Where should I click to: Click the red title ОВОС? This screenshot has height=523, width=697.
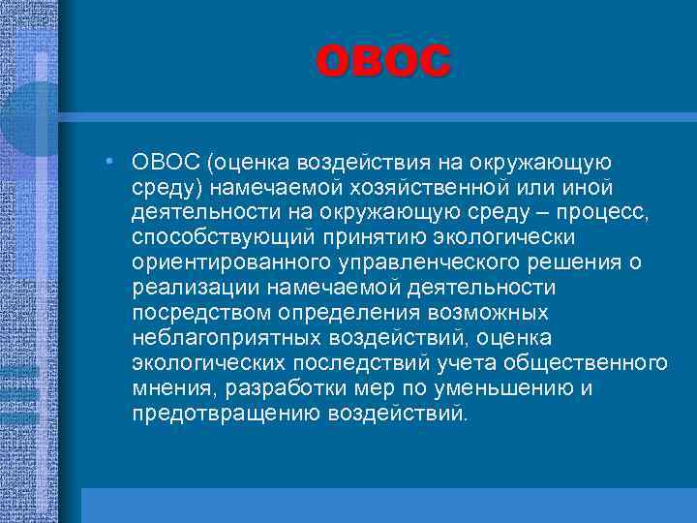click(x=383, y=61)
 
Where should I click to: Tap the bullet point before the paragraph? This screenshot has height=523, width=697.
click(x=113, y=160)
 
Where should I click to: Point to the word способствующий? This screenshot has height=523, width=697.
click(x=210, y=237)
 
